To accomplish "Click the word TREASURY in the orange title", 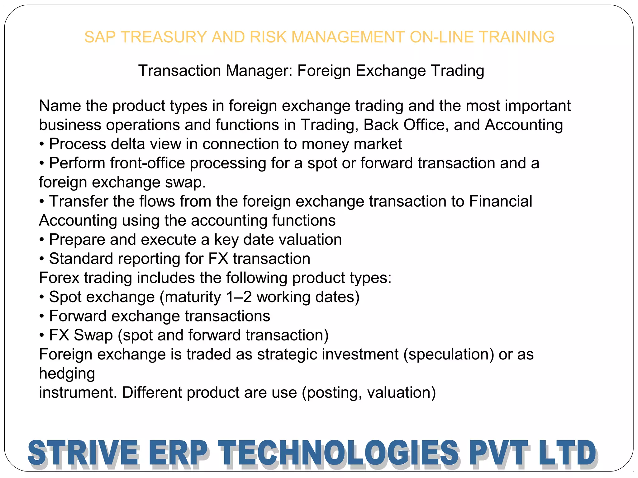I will coord(164,37).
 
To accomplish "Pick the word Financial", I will coord(501,201).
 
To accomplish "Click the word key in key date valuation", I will coord(226,240).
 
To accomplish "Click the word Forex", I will coord(59,278).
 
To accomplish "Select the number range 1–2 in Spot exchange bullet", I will coord(239,297).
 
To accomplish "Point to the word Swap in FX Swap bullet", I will coord(93,335).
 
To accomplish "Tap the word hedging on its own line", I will coord(67,374).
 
